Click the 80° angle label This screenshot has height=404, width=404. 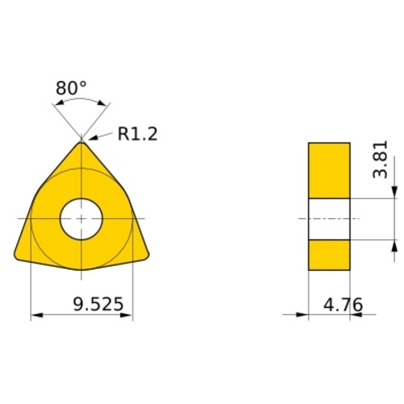coord(71,88)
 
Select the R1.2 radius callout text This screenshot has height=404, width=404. coord(137,134)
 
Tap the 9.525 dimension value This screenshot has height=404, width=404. coord(98,304)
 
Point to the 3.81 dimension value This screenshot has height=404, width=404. coord(380,159)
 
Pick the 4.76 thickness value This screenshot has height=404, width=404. coord(343,305)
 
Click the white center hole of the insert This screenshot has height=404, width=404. coord(82,219)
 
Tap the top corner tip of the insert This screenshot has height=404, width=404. coord(82,142)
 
